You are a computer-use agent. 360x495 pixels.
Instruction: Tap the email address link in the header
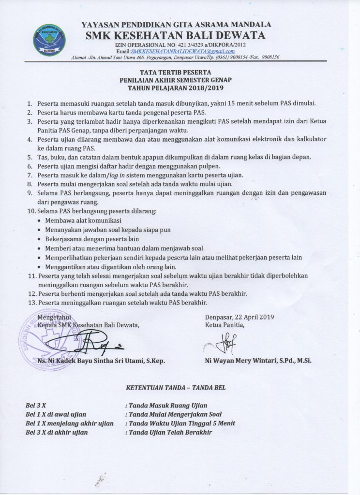click(x=183, y=51)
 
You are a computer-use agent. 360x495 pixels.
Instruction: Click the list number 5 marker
click(x=29, y=157)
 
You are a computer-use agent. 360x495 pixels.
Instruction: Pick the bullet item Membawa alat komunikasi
click(x=83, y=220)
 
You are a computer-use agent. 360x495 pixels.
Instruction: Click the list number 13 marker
click(x=32, y=303)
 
